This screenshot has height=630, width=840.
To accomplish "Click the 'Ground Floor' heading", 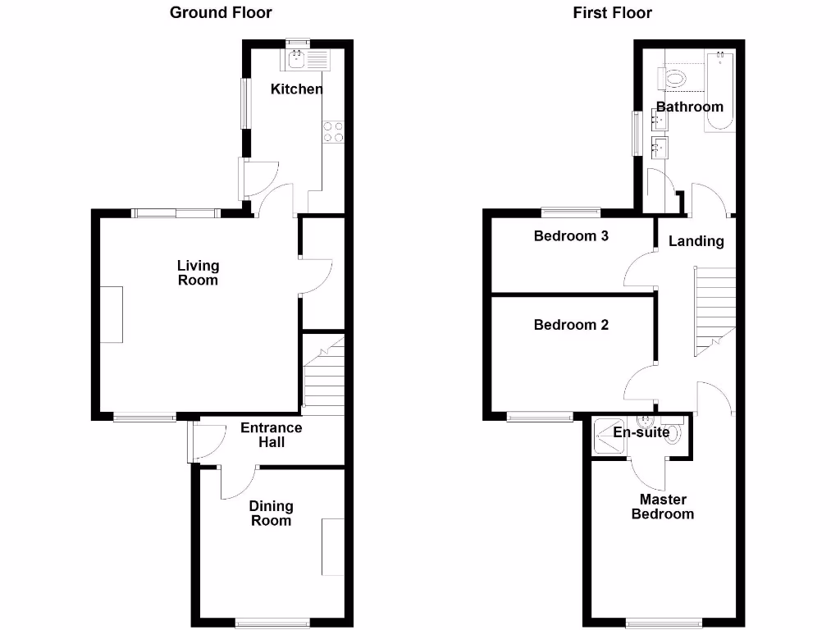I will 221,12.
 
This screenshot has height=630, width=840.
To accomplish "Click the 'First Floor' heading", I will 613,12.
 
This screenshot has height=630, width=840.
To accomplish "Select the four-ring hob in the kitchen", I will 334,132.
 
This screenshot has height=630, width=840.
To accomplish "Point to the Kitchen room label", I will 297,89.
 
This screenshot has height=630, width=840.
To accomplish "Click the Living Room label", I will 198,272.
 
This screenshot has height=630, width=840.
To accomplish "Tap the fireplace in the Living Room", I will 112,314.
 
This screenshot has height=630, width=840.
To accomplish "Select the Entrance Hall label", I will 271,435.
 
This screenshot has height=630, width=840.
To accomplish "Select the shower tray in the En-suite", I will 608,436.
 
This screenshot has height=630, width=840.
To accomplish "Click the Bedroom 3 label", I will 571,236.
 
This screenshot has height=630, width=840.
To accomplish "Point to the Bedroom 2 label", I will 571,325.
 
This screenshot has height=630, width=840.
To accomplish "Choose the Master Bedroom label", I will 663,506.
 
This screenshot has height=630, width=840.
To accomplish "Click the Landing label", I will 696,241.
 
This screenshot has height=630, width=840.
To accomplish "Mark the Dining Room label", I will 271,513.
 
